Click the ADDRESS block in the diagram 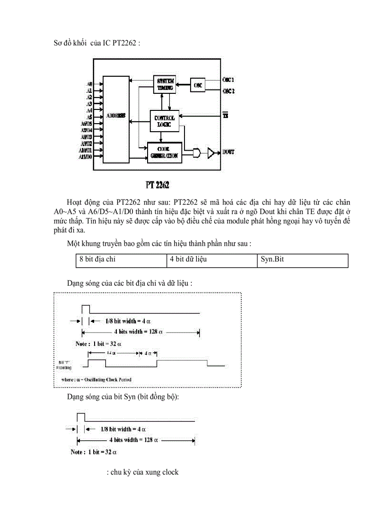pos(116,116)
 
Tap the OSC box pos(198,85)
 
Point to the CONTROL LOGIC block pos(164,121)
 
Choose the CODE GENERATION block pos(164,153)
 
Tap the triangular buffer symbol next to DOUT pos(212,152)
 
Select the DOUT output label pos(228,152)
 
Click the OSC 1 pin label pos(228,80)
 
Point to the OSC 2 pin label pos(228,90)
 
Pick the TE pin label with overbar pos(226,116)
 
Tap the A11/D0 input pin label pos(86,156)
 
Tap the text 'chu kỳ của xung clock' pos(143,472)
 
